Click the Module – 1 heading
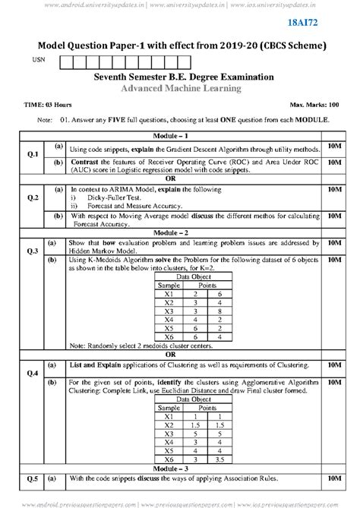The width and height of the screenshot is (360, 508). (180, 134)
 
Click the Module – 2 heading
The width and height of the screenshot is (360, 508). (180, 232)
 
